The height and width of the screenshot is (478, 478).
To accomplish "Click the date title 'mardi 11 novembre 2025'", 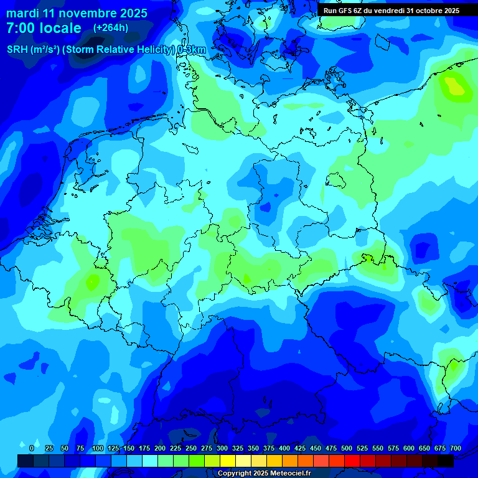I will click(77, 13).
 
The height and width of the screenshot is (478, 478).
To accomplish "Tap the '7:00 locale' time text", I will click(44, 28).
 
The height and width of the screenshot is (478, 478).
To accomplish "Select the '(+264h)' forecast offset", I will click(111, 27).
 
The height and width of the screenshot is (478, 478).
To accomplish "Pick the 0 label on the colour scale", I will click(32, 448).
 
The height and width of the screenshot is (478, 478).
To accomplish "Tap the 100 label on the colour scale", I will click(98, 448).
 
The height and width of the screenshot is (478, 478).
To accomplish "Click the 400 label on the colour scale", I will click(284, 448).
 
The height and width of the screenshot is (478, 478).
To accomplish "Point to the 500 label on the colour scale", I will click(347, 448).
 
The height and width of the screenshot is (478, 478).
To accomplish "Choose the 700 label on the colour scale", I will click(456, 448).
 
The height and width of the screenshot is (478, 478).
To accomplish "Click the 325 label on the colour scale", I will click(238, 448).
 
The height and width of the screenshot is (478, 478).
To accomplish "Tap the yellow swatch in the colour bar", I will click(228, 461).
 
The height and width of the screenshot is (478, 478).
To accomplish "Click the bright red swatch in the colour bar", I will click(352, 461).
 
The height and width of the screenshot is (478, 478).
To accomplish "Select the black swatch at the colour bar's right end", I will click(446, 461).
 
